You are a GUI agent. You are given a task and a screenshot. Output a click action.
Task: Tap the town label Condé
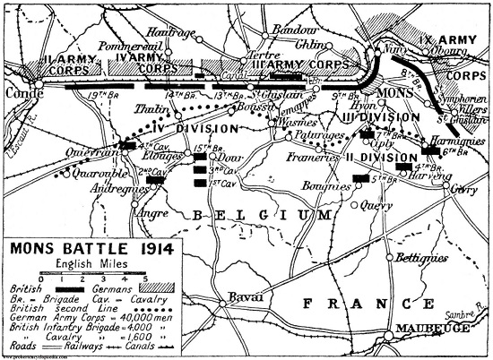click(x=20, y=90)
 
